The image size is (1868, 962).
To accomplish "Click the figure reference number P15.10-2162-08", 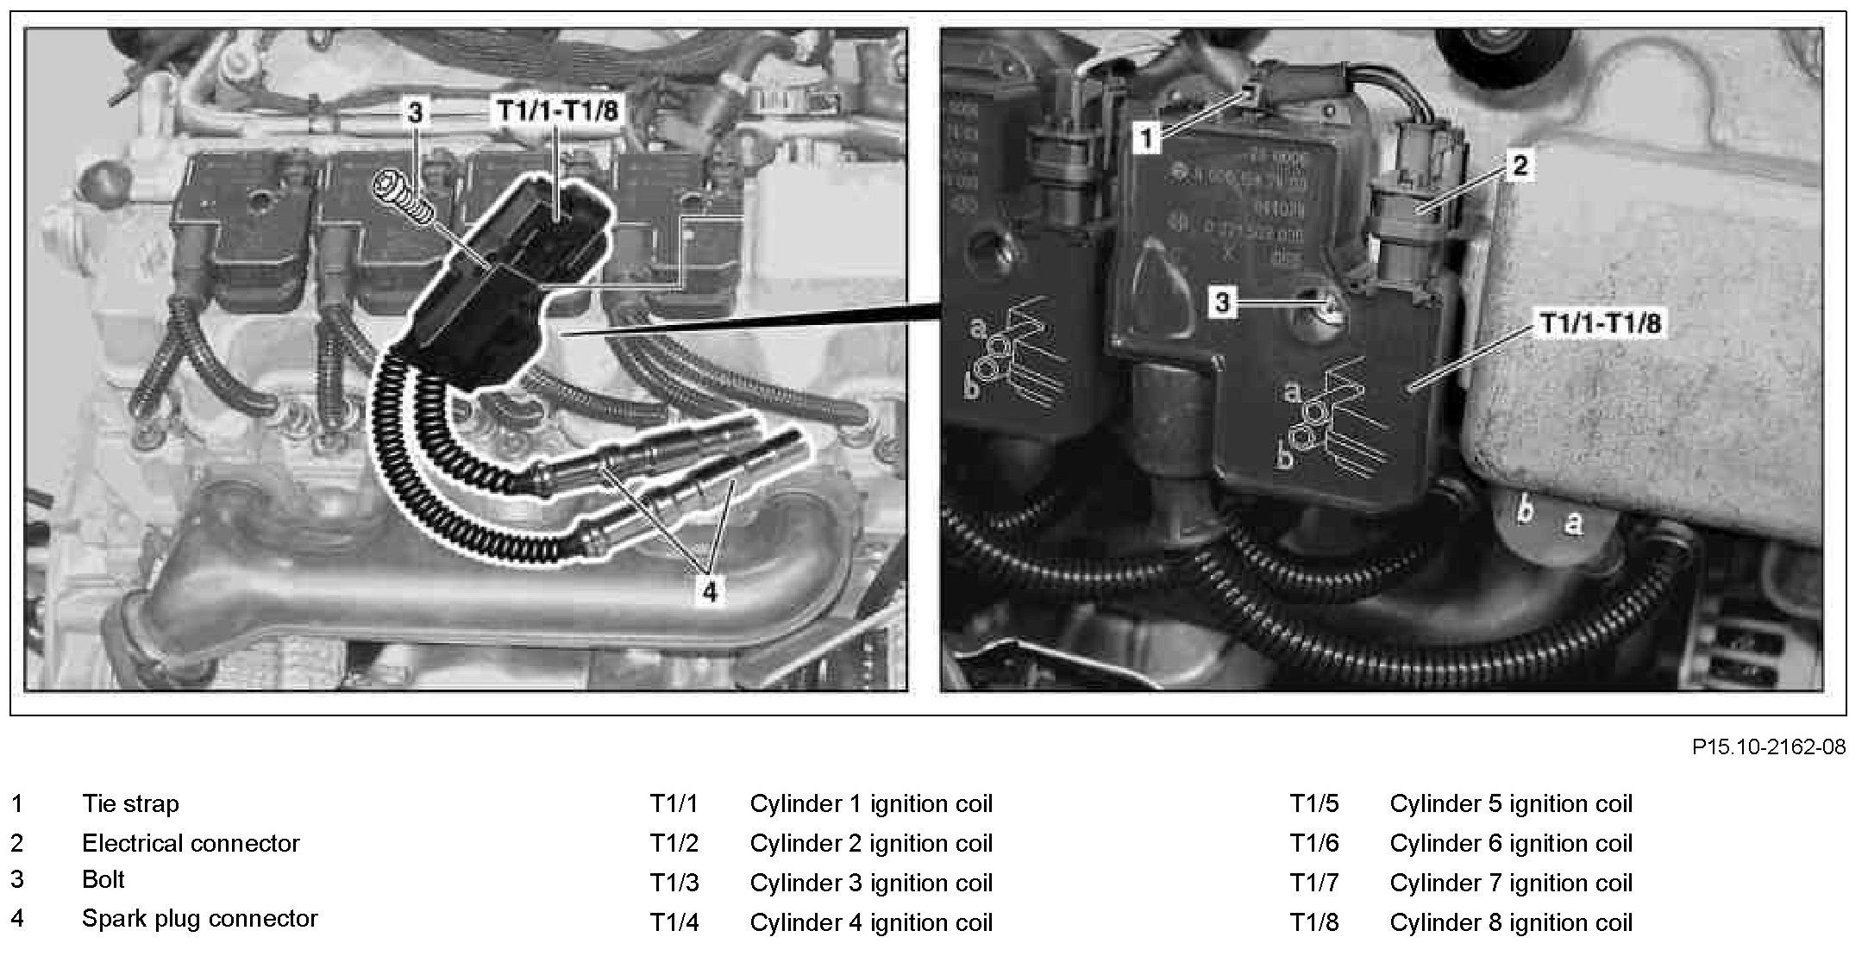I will tap(1768, 746).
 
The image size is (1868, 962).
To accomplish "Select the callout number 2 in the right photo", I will tap(1519, 165).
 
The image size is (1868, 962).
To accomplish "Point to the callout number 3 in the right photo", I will tap(1223, 302).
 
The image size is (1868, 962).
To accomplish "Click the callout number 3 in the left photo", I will tap(416, 113).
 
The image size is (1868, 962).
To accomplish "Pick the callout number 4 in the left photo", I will tap(708, 592).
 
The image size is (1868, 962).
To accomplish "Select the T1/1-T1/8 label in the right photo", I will tap(1601, 324).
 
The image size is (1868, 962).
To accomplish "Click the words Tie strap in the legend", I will tap(130, 804).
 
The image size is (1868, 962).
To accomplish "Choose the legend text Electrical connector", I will tap(191, 843).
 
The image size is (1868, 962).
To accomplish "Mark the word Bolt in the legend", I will tap(103, 880).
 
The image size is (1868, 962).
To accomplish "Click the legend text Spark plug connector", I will tap(199, 919).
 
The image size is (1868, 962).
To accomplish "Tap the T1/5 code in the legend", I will tap(1314, 804).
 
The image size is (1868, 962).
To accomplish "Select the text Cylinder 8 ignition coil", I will tap(1511, 922).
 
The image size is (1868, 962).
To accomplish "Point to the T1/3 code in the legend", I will tap(674, 884).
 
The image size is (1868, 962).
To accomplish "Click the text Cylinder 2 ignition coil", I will tap(871, 843).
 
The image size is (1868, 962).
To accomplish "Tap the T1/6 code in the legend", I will tap(1314, 843).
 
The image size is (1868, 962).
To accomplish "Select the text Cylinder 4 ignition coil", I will tap(871, 922).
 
